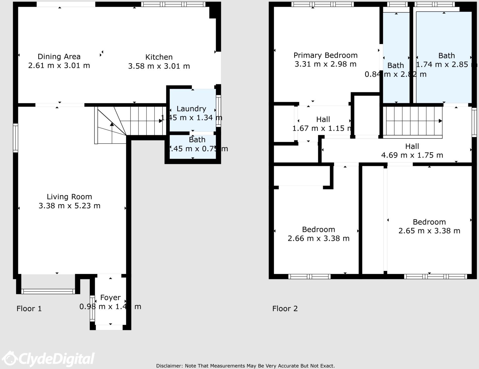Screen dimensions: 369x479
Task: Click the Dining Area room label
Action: [x=59, y=56]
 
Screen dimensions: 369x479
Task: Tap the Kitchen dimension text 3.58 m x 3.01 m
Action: [x=159, y=66]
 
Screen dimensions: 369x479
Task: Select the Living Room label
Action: [x=69, y=197]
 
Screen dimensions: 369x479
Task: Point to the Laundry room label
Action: [x=191, y=109]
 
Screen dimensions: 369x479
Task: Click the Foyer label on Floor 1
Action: [x=110, y=297]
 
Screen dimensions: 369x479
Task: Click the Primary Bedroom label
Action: [x=325, y=55]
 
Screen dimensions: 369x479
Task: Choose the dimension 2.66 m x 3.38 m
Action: [x=318, y=238]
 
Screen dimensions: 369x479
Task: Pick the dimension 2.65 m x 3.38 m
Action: [x=429, y=231]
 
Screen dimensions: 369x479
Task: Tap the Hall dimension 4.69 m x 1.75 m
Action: [x=412, y=155]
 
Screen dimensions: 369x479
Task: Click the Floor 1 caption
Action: [x=29, y=309]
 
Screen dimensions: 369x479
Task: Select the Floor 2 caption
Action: [x=285, y=309]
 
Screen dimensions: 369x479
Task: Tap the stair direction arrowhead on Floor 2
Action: [x=440, y=121]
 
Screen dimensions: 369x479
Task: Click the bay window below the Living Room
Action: [x=48, y=291]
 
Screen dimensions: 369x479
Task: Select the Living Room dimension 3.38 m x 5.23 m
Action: [x=69, y=206]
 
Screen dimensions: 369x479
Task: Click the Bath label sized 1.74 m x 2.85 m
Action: [x=446, y=55]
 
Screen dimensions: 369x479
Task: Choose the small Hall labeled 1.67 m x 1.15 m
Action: [x=323, y=119]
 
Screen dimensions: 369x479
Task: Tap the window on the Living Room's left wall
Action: [x=16, y=138]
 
